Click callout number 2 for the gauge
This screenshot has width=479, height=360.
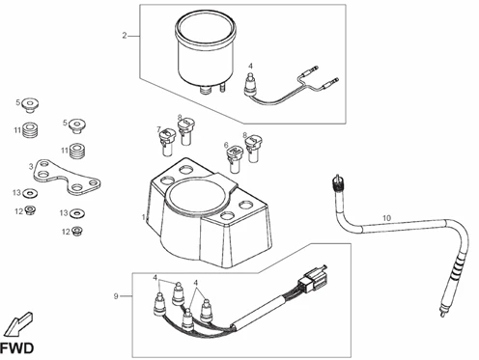[x=125, y=36]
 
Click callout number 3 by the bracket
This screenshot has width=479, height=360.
[x=31, y=167]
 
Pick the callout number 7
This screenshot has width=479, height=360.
[x=159, y=129]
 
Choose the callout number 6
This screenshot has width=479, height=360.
[x=227, y=146]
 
